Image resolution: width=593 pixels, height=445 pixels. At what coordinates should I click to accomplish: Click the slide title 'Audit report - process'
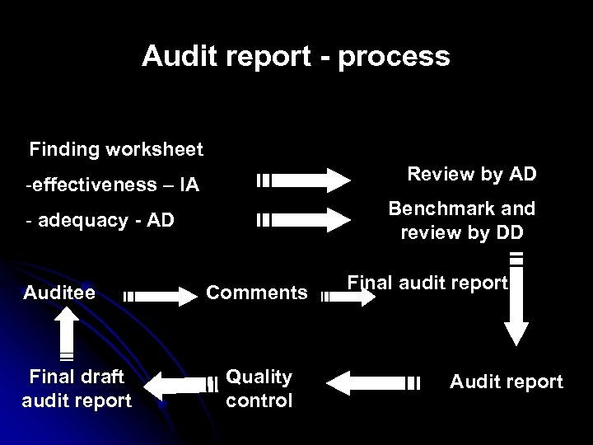(296, 56)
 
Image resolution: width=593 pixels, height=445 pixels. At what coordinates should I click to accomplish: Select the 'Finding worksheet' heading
(116, 150)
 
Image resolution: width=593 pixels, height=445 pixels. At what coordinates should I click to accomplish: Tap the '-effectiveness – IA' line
(112, 183)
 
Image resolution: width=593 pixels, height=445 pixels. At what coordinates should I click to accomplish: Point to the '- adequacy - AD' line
(100, 220)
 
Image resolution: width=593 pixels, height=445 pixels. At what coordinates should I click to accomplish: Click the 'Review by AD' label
(472, 174)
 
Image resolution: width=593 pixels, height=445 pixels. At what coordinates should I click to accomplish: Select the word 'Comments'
(256, 293)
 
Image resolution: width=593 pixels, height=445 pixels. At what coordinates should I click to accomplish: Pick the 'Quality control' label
(259, 388)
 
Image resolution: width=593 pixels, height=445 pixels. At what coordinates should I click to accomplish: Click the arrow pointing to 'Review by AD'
(305, 180)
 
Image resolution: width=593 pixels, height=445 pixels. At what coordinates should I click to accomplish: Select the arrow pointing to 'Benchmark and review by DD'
(305, 220)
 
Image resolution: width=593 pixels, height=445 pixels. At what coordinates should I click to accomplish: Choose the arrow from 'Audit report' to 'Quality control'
(379, 382)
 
